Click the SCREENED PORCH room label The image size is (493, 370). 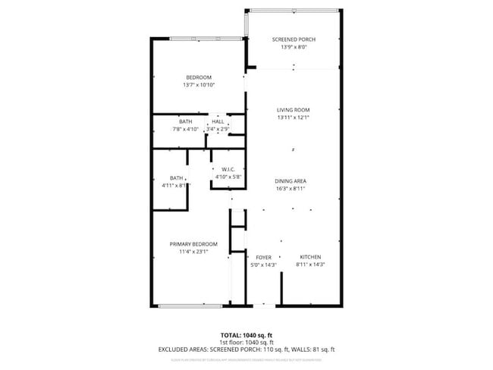293,39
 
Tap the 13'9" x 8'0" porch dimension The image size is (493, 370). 293,47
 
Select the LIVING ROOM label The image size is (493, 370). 293,110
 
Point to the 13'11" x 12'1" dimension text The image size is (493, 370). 293,118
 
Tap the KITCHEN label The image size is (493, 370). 309,257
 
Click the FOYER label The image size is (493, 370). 263,257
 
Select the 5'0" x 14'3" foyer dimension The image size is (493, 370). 263,265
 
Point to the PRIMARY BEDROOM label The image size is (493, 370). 193,243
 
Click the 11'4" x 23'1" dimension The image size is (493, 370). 193,251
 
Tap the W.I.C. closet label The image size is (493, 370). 229,169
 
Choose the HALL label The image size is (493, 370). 218,121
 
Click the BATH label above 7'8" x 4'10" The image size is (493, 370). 185,121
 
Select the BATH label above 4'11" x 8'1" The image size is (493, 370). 176,178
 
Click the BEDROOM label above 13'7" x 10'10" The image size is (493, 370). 199,77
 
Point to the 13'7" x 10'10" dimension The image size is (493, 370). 199,85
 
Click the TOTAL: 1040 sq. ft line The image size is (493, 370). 246,335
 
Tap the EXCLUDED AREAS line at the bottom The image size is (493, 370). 246,350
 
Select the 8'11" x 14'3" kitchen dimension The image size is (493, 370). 309,265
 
